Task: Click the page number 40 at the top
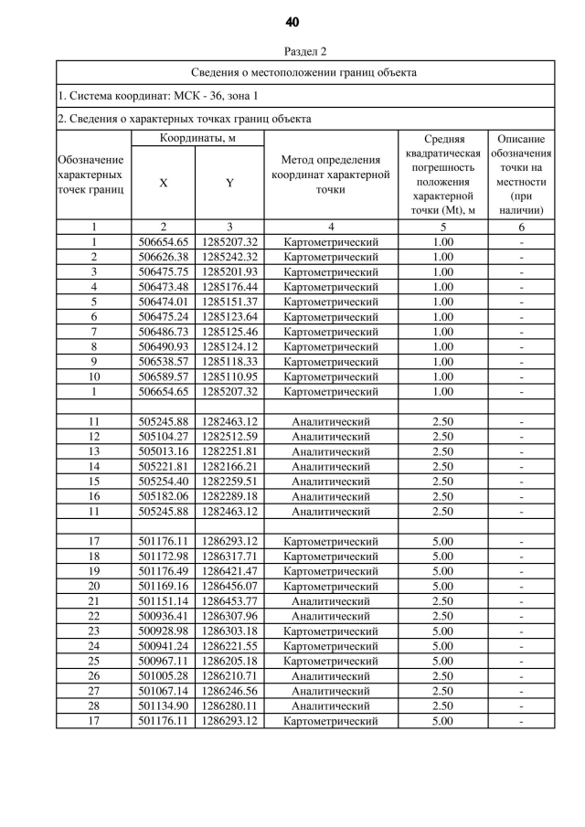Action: click(x=292, y=22)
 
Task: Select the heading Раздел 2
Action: click(x=292, y=52)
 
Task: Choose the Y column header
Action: click(x=229, y=183)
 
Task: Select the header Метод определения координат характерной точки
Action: click(x=330, y=175)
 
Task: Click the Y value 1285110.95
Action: click(x=229, y=376)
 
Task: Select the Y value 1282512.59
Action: click(x=229, y=437)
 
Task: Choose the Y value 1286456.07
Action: click(x=229, y=586)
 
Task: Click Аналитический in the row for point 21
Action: click(x=330, y=601)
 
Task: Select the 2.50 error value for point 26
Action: click(x=442, y=675)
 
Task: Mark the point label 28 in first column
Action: click(x=93, y=705)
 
